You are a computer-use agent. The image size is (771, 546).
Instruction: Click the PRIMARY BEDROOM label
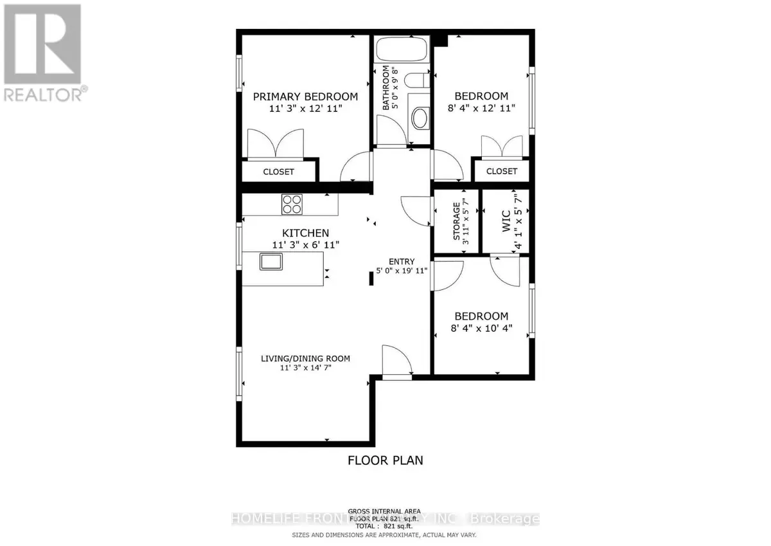coord(305,96)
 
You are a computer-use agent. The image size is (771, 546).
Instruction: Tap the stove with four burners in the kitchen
coord(291,204)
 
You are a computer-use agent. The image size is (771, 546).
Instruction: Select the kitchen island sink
coord(270,261)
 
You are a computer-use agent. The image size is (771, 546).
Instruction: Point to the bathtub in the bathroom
coord(402,50)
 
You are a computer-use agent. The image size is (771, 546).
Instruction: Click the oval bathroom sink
coord(420,118)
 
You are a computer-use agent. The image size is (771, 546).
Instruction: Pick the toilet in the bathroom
coord(418,82)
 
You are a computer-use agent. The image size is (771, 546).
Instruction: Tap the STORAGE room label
coord(457,222)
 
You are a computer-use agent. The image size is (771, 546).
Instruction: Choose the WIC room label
coord(506,222)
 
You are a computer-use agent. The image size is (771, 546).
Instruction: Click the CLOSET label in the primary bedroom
coord(279,172)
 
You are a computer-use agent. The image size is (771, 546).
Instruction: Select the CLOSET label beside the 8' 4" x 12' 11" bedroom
coord(501,171)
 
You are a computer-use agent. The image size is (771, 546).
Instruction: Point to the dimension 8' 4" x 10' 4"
coord(482,327)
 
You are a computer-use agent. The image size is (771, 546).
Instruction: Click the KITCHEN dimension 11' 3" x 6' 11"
coord(305,244)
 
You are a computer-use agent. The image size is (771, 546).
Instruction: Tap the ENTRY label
coord(401,261)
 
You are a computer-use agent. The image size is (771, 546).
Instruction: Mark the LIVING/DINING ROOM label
coord(305,358)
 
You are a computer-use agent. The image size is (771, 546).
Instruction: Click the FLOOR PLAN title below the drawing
coord(385,460)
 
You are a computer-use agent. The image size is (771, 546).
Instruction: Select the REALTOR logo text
coord(42,95)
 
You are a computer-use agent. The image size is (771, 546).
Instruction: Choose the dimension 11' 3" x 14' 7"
coord(305,368)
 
